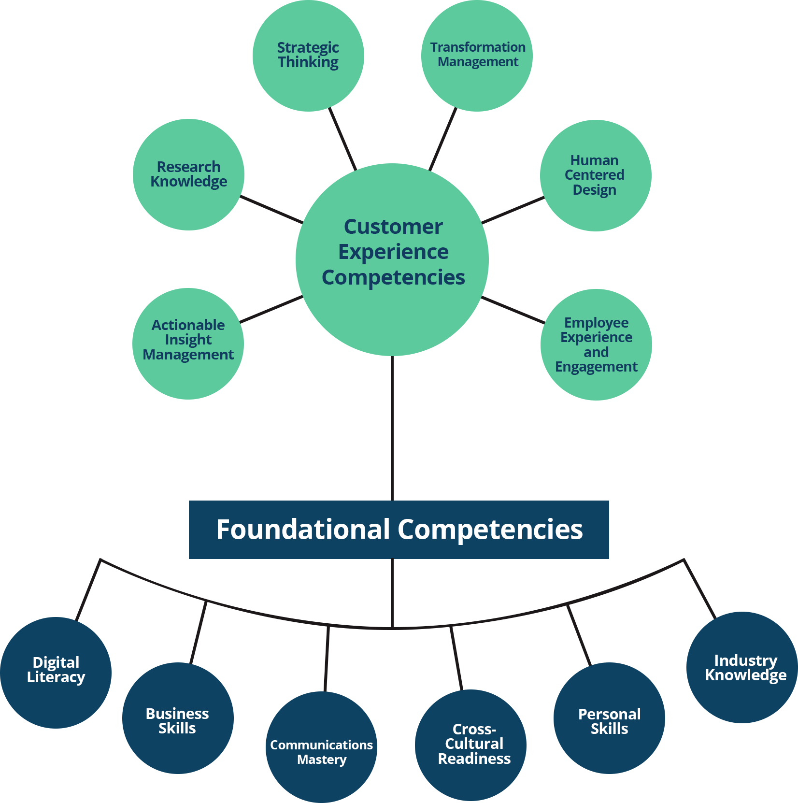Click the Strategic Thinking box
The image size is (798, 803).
point(308,56)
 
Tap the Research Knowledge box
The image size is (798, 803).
point(189,174)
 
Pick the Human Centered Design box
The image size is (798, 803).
point(595,175)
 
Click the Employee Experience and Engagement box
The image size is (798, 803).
point(596,344)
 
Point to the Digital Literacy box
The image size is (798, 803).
point(57,672)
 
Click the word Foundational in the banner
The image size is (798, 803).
point(303,530)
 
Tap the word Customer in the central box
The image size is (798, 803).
point(393,227)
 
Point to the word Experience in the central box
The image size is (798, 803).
point(393,252)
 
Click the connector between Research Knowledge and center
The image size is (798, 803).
point(271,210)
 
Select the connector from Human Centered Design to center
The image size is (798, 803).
point(513,212)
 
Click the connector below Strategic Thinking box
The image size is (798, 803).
point(343,137)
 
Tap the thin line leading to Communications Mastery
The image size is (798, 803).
point(327,662)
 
